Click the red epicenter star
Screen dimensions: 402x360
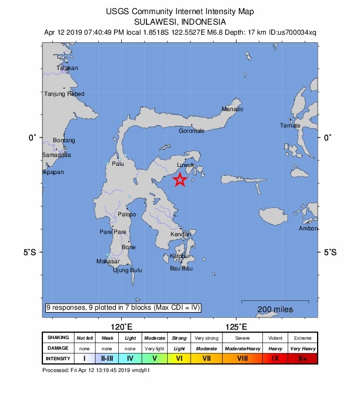tap(181, 180)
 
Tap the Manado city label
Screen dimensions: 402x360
tap(232, 109)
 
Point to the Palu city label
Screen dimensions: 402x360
tap(118, 164)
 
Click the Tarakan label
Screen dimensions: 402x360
tap(67, 68)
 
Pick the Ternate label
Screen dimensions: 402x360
tap(290, 125)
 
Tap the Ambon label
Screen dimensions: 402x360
tap(308, 229)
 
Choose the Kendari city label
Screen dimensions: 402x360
tap(181, 235)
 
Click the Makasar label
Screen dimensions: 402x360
tap(108, 261)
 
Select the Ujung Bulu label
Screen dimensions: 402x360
tap(128, 270)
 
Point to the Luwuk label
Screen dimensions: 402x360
tap(185, 166)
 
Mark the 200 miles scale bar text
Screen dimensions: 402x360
tap(275, 310)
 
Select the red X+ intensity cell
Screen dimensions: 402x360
tap(302, 359)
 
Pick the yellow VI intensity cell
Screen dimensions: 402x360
tap(180, 359)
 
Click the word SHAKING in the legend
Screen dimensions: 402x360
tap(58, 338)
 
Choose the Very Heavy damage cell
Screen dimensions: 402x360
tap(302, 349)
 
